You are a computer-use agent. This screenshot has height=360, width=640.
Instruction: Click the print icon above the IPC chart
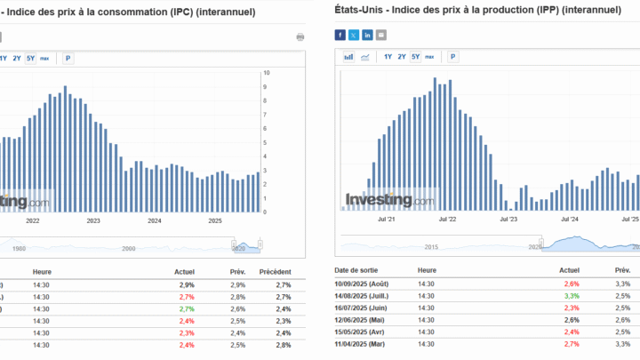point(300,36)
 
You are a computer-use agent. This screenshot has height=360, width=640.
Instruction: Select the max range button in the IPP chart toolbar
point(430,57)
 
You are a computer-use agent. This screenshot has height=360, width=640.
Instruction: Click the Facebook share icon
point(340,35)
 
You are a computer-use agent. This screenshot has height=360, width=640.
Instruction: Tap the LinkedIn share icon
point(367,35)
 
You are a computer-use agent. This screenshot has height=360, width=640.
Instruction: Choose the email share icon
point(381,35)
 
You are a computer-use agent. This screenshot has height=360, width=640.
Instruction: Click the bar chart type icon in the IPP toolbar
point(348,57)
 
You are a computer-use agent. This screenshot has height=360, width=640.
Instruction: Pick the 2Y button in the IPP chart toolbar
point(402,57)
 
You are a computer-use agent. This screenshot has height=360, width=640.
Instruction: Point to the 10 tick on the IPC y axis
point(266,73)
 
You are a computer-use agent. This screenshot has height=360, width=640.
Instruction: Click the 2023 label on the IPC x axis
point(93,220)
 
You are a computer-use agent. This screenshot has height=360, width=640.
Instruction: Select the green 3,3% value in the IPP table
point(571,294)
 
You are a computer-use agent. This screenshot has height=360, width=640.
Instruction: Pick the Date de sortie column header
point(355,269)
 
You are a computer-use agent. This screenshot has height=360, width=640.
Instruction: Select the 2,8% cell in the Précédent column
point(283,344)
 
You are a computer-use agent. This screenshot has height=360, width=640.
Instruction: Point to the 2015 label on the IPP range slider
point(432,247)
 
